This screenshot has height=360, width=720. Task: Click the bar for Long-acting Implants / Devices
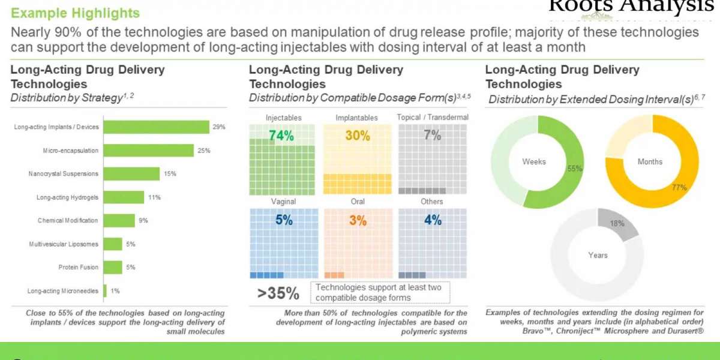coord(157,127)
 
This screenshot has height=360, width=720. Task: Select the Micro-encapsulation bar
coord(149,150)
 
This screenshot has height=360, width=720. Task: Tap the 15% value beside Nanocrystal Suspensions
coord(170,174)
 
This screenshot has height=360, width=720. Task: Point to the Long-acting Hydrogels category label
coord(67,197)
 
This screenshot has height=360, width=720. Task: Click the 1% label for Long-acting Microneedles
coord(115,291)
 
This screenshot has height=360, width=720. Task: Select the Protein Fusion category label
coord(78,268)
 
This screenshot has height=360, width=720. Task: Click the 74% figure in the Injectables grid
coord(281,136)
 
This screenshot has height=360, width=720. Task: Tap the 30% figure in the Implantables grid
coord(358,136)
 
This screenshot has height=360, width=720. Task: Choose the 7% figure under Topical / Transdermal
coord(432,136)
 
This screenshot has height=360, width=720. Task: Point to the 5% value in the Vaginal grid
coord(283,220)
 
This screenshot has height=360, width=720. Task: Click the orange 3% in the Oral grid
coord(358,220)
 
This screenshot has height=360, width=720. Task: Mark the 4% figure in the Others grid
coord(432,220)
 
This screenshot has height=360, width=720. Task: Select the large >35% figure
coord(278,293)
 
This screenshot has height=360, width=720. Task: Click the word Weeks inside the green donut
coord(534,161)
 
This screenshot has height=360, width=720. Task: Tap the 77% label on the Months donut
coord(679,188)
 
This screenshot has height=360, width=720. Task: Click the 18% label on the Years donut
coord(617,223)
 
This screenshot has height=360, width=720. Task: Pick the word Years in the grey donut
coord(598,255)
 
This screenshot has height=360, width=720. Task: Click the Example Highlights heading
coord(76,13)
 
